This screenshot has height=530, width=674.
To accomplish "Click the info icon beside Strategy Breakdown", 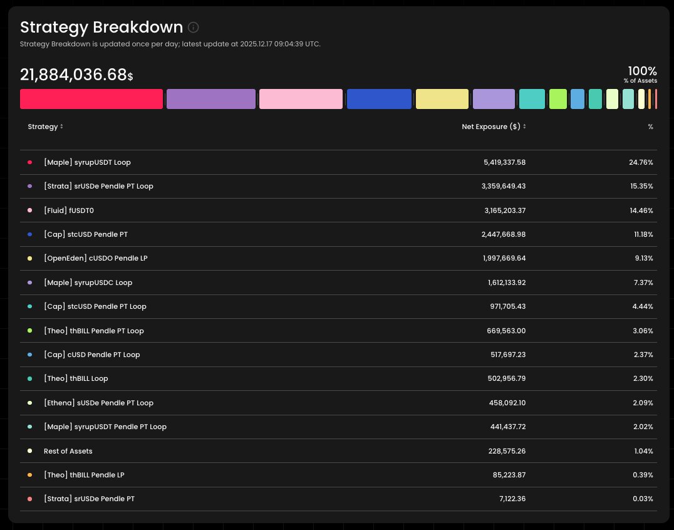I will (194, 28).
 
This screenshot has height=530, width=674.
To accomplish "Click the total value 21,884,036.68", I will (73, 75).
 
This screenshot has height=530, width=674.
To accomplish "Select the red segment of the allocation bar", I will (91, 99).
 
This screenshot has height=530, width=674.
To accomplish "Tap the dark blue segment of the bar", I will (379, 99).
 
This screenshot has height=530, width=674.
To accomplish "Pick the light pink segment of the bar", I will (301, 99).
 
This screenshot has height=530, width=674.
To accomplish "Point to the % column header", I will (650, 127).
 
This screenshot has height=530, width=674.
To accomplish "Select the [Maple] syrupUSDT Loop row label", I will (87, 162).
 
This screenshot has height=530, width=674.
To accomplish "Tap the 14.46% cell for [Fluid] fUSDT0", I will (641, 210).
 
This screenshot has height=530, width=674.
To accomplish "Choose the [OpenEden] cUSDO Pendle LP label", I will (95, 259).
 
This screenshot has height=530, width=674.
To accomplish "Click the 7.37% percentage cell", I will (643, 283).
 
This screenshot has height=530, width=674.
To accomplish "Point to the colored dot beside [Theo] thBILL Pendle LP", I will (29, 475).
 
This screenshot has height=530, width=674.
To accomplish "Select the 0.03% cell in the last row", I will (643, 499).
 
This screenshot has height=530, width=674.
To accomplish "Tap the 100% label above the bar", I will (642, 71).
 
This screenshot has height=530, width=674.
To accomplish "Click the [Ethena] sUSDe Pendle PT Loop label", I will (98, 403).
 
